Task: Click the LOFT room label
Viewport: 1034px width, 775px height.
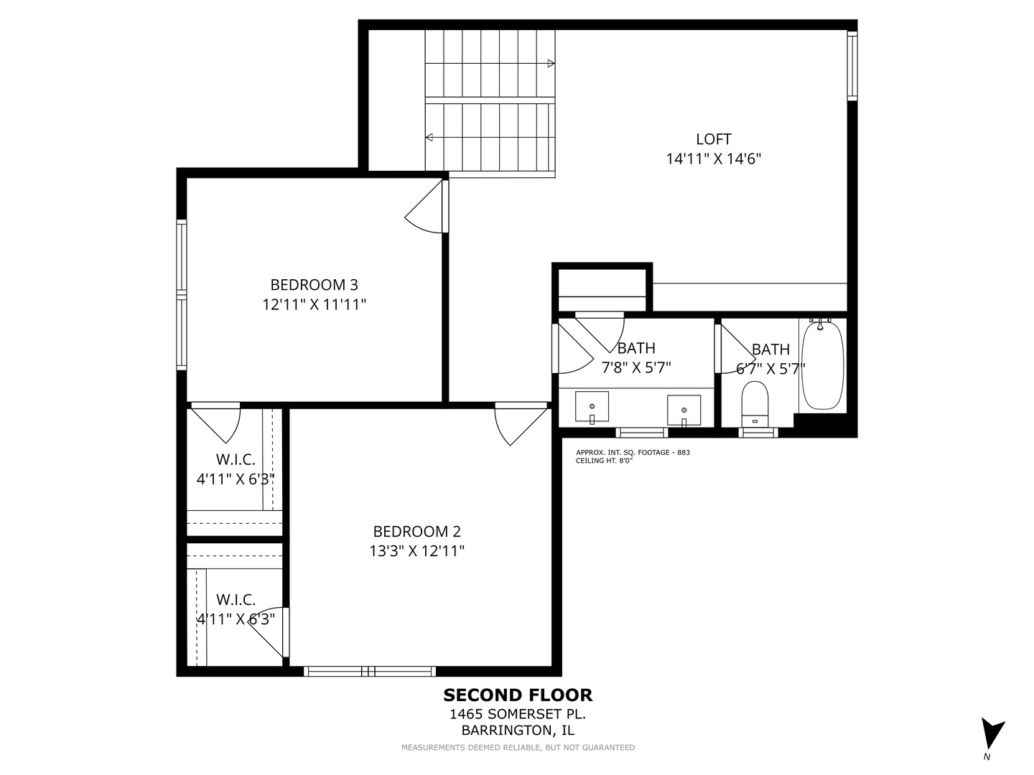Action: click(x=713, y=139)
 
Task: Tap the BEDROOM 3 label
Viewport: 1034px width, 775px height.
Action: click(x=315, y=285)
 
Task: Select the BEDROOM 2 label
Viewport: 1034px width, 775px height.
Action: click(x=417, y=531)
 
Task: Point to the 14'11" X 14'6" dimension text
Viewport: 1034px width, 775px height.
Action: click(x=713, y=159)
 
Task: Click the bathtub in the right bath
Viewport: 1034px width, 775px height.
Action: click(x=822, y=365)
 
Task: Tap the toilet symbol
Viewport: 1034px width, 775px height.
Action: click(x=755, y=404)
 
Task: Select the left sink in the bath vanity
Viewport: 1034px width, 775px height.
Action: click(x=592, y=407)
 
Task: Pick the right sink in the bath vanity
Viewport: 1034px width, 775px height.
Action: click(x=684, y=410)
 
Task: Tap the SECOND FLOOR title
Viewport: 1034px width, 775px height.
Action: click(x=518, y=695)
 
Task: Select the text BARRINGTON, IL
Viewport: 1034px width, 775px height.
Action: click(x=518, y=731)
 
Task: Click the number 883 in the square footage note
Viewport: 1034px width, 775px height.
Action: click(x=684, y=453)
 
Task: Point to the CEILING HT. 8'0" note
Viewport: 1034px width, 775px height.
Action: click(x=604, y=461)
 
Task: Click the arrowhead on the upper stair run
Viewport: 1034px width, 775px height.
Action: click(x=551, y=64)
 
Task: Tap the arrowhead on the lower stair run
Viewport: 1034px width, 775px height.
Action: click(x=429, y=137)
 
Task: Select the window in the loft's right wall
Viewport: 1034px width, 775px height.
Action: click(x=852, y=66)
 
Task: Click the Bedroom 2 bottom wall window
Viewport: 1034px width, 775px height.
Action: click(x=370, y=671)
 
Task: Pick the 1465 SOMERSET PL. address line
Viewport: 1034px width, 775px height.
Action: click(x=518, y=714)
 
